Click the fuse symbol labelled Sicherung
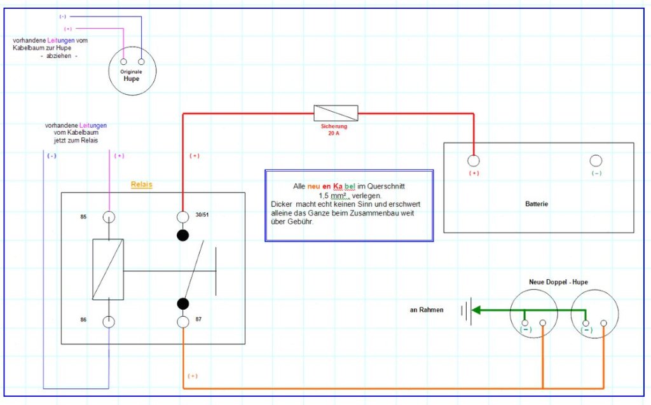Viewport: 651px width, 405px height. [x=336, y=113]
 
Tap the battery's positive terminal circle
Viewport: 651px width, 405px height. [x=474, y=160]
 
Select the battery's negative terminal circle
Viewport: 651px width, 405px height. [x=596, y=160]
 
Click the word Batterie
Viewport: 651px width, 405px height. [x=537, y=204]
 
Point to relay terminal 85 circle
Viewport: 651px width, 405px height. [x=109, y=217]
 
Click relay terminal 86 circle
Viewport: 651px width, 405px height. [x=109, y=321]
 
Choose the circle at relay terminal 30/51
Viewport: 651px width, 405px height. [x=183, y=217]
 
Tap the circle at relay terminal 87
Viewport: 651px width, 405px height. [x=183, y=321]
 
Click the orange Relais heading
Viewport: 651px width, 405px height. [x=142, y=184]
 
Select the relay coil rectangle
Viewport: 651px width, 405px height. [x=108, y=270]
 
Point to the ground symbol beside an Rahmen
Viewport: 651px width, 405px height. [x=468, y=312]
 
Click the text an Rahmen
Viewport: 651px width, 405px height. [x=426, y=310]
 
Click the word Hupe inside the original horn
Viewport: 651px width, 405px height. [x=131, y=79]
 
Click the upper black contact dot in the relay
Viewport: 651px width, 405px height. [x=183, y=236]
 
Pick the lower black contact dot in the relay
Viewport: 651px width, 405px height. [x=183, y=303]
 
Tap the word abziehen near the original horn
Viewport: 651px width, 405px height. [x=59, y=56]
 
